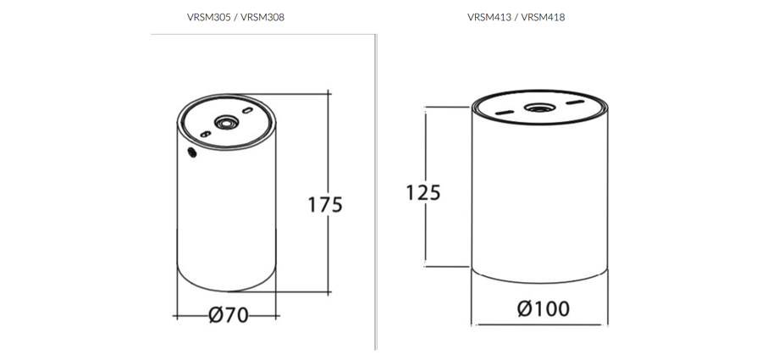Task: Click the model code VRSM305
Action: click(x=207, y=17)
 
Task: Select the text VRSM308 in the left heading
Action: click(x=262, y=17)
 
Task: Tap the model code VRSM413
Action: click(x=489, y=17)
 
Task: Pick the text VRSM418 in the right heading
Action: click(x=544, y=17)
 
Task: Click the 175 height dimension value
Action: click(x=325, y=204)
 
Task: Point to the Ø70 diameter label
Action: click(x=228, y=315)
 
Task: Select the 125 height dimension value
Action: click(x=423, y=192)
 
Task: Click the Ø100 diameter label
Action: click(x=543, y=308)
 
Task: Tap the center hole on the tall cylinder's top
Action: click(x=226, y=124)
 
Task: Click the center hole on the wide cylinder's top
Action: click(x=537, y=108)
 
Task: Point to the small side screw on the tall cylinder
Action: click(x=191, y=152)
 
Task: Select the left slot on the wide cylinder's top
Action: click(x=503, y=113)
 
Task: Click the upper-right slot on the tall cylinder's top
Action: click(x=247, y=110)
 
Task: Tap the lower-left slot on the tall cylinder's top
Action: click(x=206, y=134)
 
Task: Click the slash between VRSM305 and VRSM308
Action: click(x=235, y=17)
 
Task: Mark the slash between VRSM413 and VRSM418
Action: click(x=516, y=17)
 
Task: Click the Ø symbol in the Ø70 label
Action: click(x=216, y=315)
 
